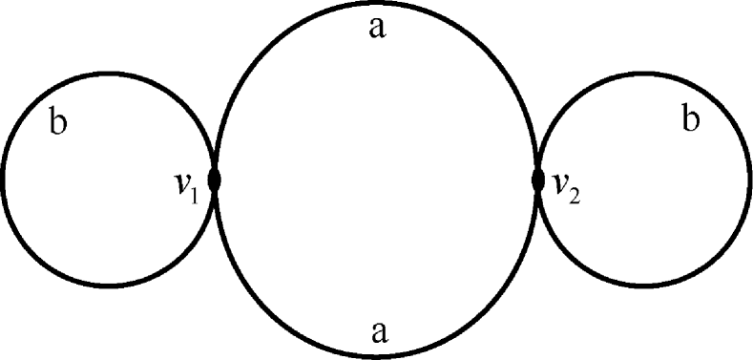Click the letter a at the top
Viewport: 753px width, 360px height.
(x=377, y=29)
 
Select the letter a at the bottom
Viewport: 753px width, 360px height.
(x=379, y=331)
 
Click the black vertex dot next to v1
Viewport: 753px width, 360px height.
(x=215, y=180)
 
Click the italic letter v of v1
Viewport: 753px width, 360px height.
(x=181, y=184)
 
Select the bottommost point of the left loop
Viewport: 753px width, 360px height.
(x=108, y=285)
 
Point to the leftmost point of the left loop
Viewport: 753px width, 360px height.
(x=3, y=179)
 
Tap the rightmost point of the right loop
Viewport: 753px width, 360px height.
(x=750, y=180)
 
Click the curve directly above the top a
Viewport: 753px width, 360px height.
(x=377, y=4)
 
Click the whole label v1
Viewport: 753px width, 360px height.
(x=186, y=185)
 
